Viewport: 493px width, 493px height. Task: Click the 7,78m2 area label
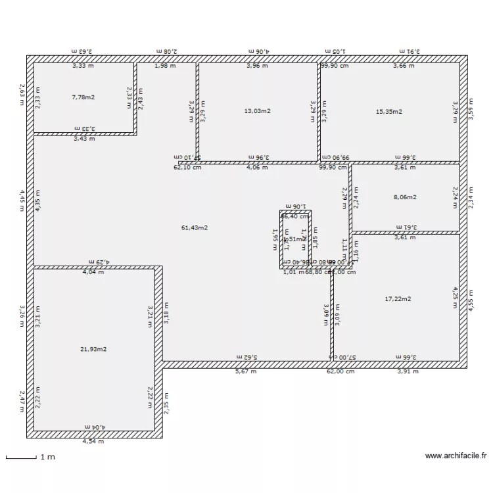click(83, 98)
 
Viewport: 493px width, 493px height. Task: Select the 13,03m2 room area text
click(257, 111)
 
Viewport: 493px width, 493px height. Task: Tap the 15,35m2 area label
click(388, 111)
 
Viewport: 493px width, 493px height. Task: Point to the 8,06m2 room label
click(405, 197)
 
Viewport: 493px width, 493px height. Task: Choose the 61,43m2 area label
click(195, 228)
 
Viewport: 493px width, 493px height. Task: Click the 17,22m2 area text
click(398, 299)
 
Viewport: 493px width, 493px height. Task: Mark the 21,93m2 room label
click(93, 349)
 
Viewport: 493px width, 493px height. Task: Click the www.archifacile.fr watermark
click(455, 455)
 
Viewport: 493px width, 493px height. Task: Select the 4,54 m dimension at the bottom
click(93, 442)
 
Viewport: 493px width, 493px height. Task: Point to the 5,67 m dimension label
click(246, 371)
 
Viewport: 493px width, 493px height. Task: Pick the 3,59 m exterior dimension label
click(469, 108)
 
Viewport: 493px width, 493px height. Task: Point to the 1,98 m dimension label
click(165, 66)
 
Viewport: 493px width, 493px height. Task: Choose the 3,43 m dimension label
click(84, 139)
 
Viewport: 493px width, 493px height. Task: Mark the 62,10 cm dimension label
click(187, 168)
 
